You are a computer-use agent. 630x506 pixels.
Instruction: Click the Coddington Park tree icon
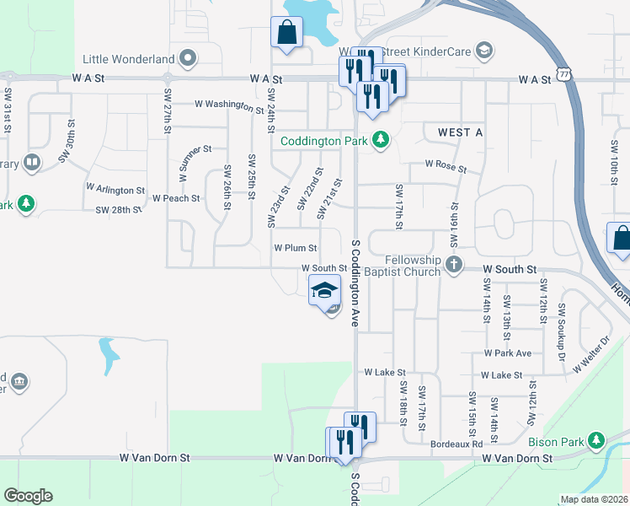[x=380, y=139]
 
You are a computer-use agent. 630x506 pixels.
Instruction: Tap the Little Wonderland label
[x=129, y=59]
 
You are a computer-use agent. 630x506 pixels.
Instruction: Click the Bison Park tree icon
[x=597, y=440]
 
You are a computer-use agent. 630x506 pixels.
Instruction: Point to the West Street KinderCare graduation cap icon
[x=483, y=51]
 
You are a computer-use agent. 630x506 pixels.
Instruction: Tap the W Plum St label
[x=295, y=248]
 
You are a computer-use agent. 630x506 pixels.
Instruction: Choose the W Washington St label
[x=228, y=105]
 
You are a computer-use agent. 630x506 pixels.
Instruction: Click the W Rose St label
[x=446, y=167]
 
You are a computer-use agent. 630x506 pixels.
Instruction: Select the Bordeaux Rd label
[x=456, y=444]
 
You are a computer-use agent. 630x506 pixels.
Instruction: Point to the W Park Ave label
[x=508, y=353]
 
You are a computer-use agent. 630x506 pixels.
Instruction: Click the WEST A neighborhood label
[x=460, y=133]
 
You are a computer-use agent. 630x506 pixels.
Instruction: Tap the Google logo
[x=28, y=496]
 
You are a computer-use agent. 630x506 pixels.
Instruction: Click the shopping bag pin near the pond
[x=286, y=33]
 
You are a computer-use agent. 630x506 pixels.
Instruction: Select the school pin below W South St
[x=324, y=291]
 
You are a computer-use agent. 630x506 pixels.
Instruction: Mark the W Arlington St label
[x=115, y=190]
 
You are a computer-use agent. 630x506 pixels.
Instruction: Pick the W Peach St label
[x=176, y=198]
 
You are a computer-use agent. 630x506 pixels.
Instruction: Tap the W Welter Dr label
[x=591, y=355]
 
